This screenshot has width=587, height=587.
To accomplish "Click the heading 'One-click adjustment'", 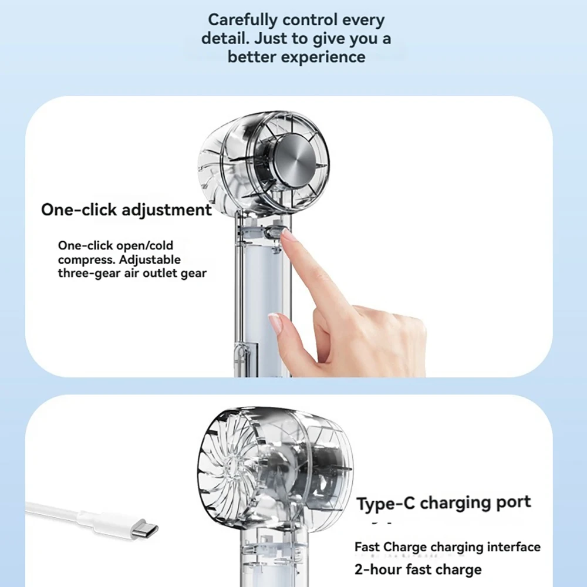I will pos(126,210).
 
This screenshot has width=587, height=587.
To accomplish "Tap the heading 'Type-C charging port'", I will pos(444,503).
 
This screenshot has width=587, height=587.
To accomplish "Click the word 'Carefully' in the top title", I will pos(242,19).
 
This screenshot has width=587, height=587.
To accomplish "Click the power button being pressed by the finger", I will pos(272,233).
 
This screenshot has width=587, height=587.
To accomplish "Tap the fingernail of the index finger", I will pos(288,236).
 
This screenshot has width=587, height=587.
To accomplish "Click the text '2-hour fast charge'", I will pos(418,569).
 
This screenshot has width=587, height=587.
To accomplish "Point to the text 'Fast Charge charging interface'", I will pos(447,547).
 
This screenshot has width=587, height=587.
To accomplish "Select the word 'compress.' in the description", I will pos(86,259).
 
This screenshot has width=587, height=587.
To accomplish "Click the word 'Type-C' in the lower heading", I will pos(386,504).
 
